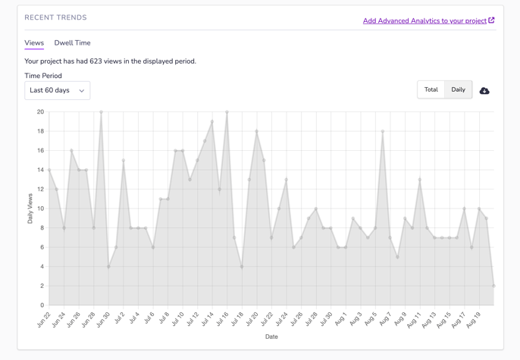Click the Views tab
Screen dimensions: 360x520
(34, 43)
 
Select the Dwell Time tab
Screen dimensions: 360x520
(72, 43)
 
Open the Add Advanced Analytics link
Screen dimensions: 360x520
(424, 21)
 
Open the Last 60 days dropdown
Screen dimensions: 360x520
(57, 91)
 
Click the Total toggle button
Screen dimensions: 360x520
(431, 89)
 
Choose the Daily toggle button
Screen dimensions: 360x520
(458, 89)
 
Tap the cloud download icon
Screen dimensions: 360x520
(484, 91)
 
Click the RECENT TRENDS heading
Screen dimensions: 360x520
(55, 17)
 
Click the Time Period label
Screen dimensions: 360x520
(43, 76)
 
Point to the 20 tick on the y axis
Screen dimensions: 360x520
(40, 112)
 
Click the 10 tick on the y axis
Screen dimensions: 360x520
(40, 208)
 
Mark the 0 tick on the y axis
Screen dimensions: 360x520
(42, 305)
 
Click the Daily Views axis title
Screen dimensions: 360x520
(30, 208)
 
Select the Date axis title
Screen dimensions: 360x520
(271, 337)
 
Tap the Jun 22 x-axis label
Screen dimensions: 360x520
(43, 320)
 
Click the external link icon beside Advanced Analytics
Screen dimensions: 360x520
(491, 20)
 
